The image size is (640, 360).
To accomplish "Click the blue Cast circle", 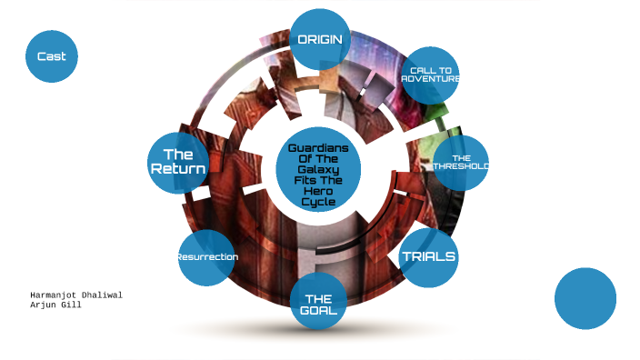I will [x=52, y=56].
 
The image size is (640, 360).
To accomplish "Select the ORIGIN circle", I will [x=320, y=39].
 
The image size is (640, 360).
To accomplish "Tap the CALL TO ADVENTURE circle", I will [x=430, y=75].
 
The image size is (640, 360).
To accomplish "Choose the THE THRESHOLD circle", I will [x=461, y=163].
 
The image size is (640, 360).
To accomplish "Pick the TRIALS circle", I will [x=428, y=257].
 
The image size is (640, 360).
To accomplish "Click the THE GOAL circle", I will [x=318, y=304].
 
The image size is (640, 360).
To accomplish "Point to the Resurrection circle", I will [x=207, y=257].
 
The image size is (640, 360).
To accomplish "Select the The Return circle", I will [x=178, y=162].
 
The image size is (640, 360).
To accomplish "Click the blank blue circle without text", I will [x=585, y=298].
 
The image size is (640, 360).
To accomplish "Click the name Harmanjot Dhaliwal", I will [x=76, y=295].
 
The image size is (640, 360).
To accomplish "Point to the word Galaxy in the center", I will [x=318, y=170].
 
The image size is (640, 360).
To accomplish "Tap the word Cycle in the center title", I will [x=318, y=202].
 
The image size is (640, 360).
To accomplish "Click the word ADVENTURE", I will [x=431, y=79].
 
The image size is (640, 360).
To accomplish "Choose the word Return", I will [x=178, y=170].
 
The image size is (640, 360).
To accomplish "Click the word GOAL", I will [x=318, y=311].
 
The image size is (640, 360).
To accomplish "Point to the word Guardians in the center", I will [x=318, y=148].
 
